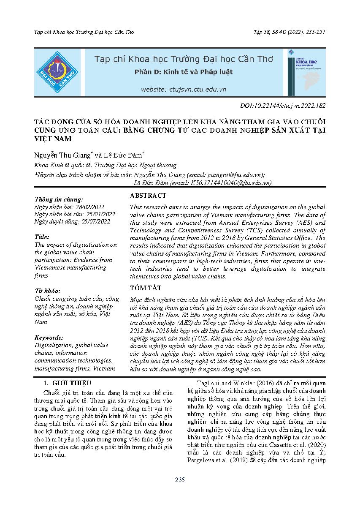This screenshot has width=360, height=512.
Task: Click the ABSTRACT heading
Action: point(148,196)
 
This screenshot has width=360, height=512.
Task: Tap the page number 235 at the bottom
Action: point(180,479)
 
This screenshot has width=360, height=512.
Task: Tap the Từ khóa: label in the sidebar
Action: point(47,291)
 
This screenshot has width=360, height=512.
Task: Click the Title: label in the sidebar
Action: point(42,237)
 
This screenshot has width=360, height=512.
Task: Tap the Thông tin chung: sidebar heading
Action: point(59,199)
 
